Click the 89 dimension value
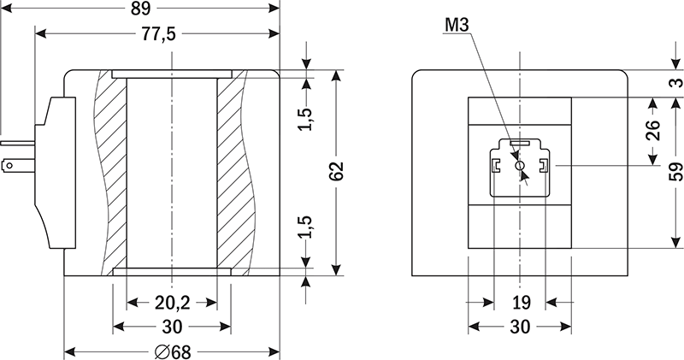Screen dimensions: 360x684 click(140, 9)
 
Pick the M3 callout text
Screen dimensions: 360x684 click(457, 25)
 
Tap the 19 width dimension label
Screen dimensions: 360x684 click(521, 302)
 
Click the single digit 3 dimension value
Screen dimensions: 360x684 click(675, 82)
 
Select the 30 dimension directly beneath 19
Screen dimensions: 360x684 click(521, 326)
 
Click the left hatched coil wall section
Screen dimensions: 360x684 click(109, 171)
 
